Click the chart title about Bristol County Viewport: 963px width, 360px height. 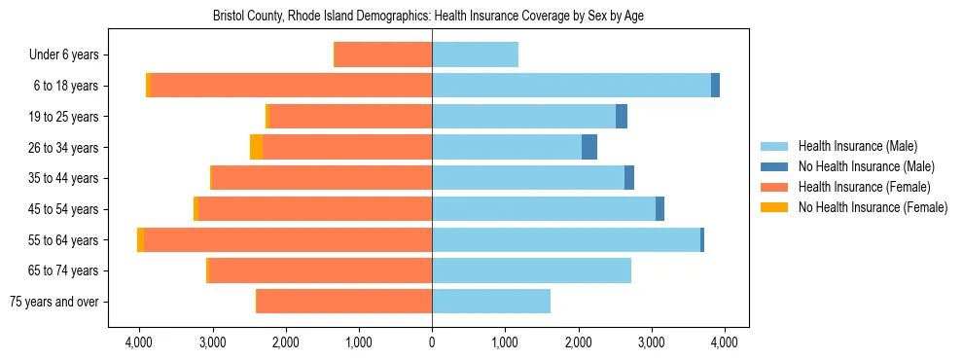tap(428, 16)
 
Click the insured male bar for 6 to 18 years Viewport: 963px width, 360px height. tap(571, 86)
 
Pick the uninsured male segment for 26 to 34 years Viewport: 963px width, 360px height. tap(589, 147)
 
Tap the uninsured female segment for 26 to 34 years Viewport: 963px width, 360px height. tap(256, 147)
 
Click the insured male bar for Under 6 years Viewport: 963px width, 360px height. tap(475, 54)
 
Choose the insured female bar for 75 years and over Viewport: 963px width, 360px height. tap(344, 302)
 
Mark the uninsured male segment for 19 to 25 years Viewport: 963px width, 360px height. tap(622, 116)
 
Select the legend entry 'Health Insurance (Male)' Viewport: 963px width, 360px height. tap(857, 146)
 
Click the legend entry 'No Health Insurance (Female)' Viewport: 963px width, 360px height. tap(873, 207)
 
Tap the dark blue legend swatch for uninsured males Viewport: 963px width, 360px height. tap(774, 166)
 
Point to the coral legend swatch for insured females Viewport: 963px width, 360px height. tap(774, 187)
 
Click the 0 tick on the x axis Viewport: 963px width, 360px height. tap(432, 342)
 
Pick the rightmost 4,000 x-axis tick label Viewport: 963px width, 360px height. tap(724, 342)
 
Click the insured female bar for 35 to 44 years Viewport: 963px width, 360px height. tap(321, 178)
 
